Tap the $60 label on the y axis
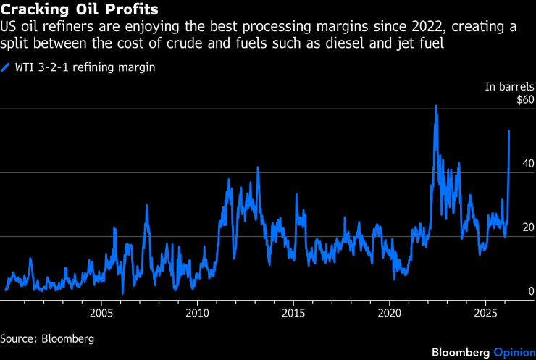[523, 100]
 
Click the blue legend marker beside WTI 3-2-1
[6, 67]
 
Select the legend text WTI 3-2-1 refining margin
[87, 67]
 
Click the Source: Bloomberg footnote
[48, 338]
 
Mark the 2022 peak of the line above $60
[436, 106]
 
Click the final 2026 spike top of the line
[509, 131]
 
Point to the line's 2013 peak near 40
[258, 167]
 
